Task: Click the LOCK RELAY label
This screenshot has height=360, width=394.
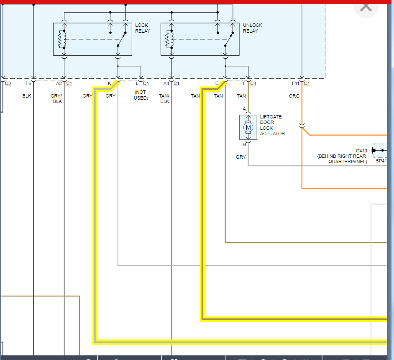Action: pyautogui.click(x=142, y=28)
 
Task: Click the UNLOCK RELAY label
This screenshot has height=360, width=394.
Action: pyautogui.click(x=253, y=28)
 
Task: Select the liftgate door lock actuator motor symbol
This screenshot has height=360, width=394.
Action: pyautogui.click(x=248, y=127)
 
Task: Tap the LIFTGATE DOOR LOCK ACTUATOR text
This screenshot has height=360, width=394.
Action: pyautogui.click(x=272, y=125)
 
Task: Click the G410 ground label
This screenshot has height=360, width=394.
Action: pyautogui.click(x=361, y=151)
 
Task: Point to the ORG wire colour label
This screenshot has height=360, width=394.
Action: pyautogui.click(x=294, y=96)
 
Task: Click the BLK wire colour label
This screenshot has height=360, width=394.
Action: pyautogui.click(x=27, y=96)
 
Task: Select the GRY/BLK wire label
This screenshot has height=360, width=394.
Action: pyautogui.click(x=56, y=98)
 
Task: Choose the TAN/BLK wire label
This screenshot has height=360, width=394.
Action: pyautogui.click(x=164, y=98)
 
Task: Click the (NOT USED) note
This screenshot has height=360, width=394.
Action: pyautogui.click(x=141, y=95)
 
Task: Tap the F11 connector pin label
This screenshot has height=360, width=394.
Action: pyautogui.click(x=295, y=83)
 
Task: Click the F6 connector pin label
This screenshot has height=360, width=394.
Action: pyautogui.click(x=28, y=83)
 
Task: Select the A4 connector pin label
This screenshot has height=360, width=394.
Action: pyautogui.click(x=166, y=83)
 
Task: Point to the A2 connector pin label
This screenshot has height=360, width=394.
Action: pyautogui.click(x=59, y=83)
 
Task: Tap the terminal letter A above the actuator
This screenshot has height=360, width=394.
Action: pyautogui.click(x=244, y=109)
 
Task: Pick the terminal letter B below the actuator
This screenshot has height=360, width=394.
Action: pyautogui.click(x=244, y=145)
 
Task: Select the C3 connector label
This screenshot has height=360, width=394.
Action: pyautogui.click(x=8, y=83)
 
